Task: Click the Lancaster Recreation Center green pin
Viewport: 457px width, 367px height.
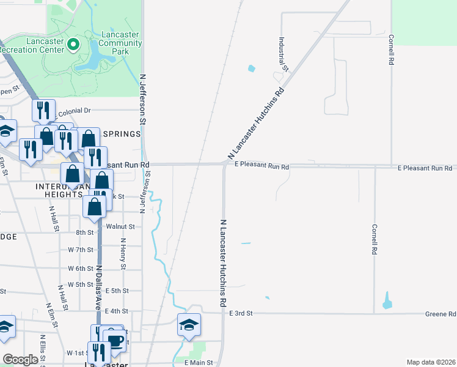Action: pos(73,43)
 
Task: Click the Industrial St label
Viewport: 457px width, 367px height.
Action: pos(283,52)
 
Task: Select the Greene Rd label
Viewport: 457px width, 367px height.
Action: pos(440,314)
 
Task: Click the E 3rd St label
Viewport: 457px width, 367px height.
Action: pos(241,313)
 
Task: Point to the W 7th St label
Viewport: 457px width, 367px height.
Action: pos(81,250)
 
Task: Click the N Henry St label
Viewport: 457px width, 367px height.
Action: pos(123,254)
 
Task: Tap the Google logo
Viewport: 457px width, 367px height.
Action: pos(21,360)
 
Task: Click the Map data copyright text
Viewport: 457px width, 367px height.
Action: pos(431,362)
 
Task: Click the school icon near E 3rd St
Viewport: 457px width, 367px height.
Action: pos(189,324)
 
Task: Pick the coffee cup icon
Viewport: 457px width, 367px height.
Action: pos(115,339)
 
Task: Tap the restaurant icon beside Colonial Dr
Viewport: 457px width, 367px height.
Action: pos(42,110)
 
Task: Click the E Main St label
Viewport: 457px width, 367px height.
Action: pos(199,363)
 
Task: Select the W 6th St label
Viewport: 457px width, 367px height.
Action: pos(81,269)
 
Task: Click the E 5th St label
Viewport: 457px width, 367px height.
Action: pos(117,291)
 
